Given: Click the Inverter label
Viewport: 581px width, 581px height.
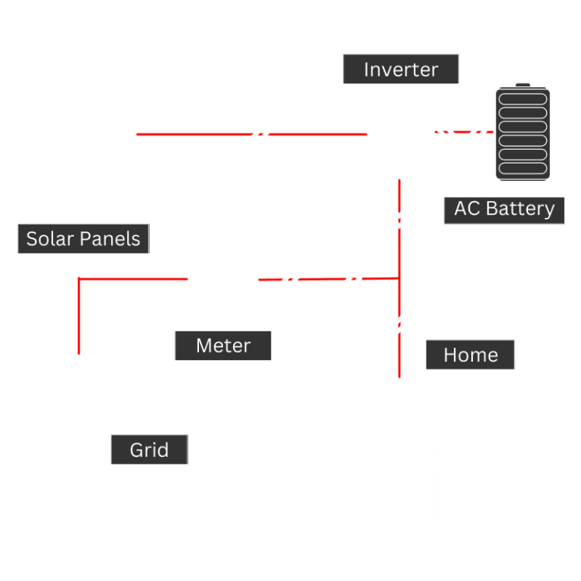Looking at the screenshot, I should [401, 70].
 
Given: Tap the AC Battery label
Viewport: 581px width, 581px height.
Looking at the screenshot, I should [504, 209].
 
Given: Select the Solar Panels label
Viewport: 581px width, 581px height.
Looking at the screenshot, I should [83, 239].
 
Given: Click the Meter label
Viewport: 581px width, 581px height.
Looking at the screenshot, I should [222, 346].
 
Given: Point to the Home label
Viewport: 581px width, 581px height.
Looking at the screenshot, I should [471, 355].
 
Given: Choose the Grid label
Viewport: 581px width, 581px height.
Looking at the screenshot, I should [149, 450].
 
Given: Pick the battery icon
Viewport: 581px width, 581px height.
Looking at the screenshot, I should [523, 133].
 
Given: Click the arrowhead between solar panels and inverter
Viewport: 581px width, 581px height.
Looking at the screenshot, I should [259, 135].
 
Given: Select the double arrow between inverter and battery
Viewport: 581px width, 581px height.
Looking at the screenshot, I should [462, 132].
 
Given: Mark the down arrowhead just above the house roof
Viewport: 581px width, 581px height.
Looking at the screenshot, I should [398, 321].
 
